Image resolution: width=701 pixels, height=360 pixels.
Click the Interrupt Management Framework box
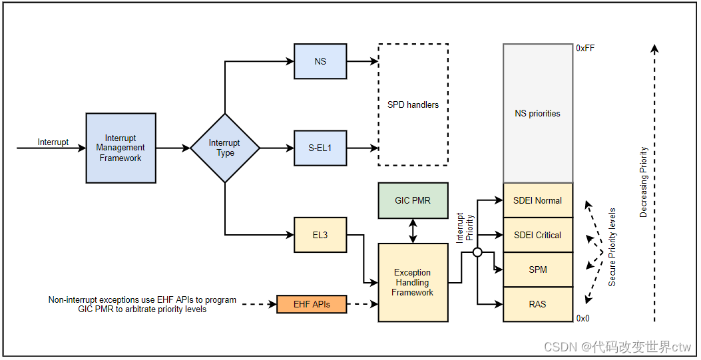pos(120,148)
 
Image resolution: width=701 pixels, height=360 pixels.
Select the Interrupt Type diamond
pos(225,148)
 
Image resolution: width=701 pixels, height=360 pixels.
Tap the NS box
pos(320,61)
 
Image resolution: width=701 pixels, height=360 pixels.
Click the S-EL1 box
pos(320,148)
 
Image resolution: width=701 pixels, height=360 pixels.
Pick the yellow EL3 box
pos(320,235)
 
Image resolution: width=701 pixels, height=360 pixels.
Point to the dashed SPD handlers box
pos(413,104)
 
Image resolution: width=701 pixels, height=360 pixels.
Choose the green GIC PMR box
pos(413,200)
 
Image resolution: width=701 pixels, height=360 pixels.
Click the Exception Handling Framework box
pos(413,282)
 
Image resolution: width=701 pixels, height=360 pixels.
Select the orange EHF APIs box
pos(312,305)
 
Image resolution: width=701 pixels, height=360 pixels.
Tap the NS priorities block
pos(537,113)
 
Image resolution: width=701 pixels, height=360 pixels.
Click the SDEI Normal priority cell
pos(537,200)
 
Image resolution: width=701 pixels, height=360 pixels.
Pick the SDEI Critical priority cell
pos(537,235)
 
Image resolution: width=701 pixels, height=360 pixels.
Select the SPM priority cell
pos(537,270)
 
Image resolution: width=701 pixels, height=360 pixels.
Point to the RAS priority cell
pos(537,304)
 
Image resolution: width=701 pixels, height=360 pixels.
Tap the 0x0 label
pos(583,318)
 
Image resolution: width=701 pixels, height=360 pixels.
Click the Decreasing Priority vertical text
pos(644,182)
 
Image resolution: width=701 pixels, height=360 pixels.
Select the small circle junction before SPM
pos(477,252)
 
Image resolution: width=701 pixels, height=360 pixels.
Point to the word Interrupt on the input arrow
pos(53,142)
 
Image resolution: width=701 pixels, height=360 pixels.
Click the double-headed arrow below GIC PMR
pos(413,230)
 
